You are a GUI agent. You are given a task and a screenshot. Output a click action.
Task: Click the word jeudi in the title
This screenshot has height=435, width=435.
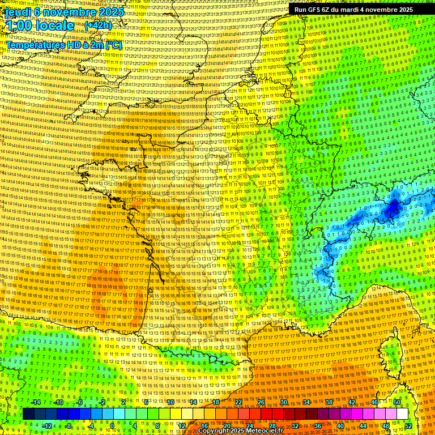pos(16,11)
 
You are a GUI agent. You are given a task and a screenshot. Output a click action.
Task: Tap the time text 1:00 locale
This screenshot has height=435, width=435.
pos(40,26)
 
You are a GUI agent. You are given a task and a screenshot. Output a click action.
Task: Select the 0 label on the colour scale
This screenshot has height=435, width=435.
pos(112,426)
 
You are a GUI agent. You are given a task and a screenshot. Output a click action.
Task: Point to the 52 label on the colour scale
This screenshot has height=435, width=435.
pos(408,426)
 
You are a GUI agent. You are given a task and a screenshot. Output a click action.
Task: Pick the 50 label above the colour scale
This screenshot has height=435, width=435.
pos(397,402)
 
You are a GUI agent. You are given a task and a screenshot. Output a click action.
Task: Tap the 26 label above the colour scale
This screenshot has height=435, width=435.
pos(261,402)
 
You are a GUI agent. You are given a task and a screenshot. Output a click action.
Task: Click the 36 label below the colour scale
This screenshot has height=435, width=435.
pos(318,426)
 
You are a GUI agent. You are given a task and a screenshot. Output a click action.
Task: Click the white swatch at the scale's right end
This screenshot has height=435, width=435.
pos(403,414)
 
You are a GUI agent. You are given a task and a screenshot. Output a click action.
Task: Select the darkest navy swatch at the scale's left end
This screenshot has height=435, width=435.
pos(29,414)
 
